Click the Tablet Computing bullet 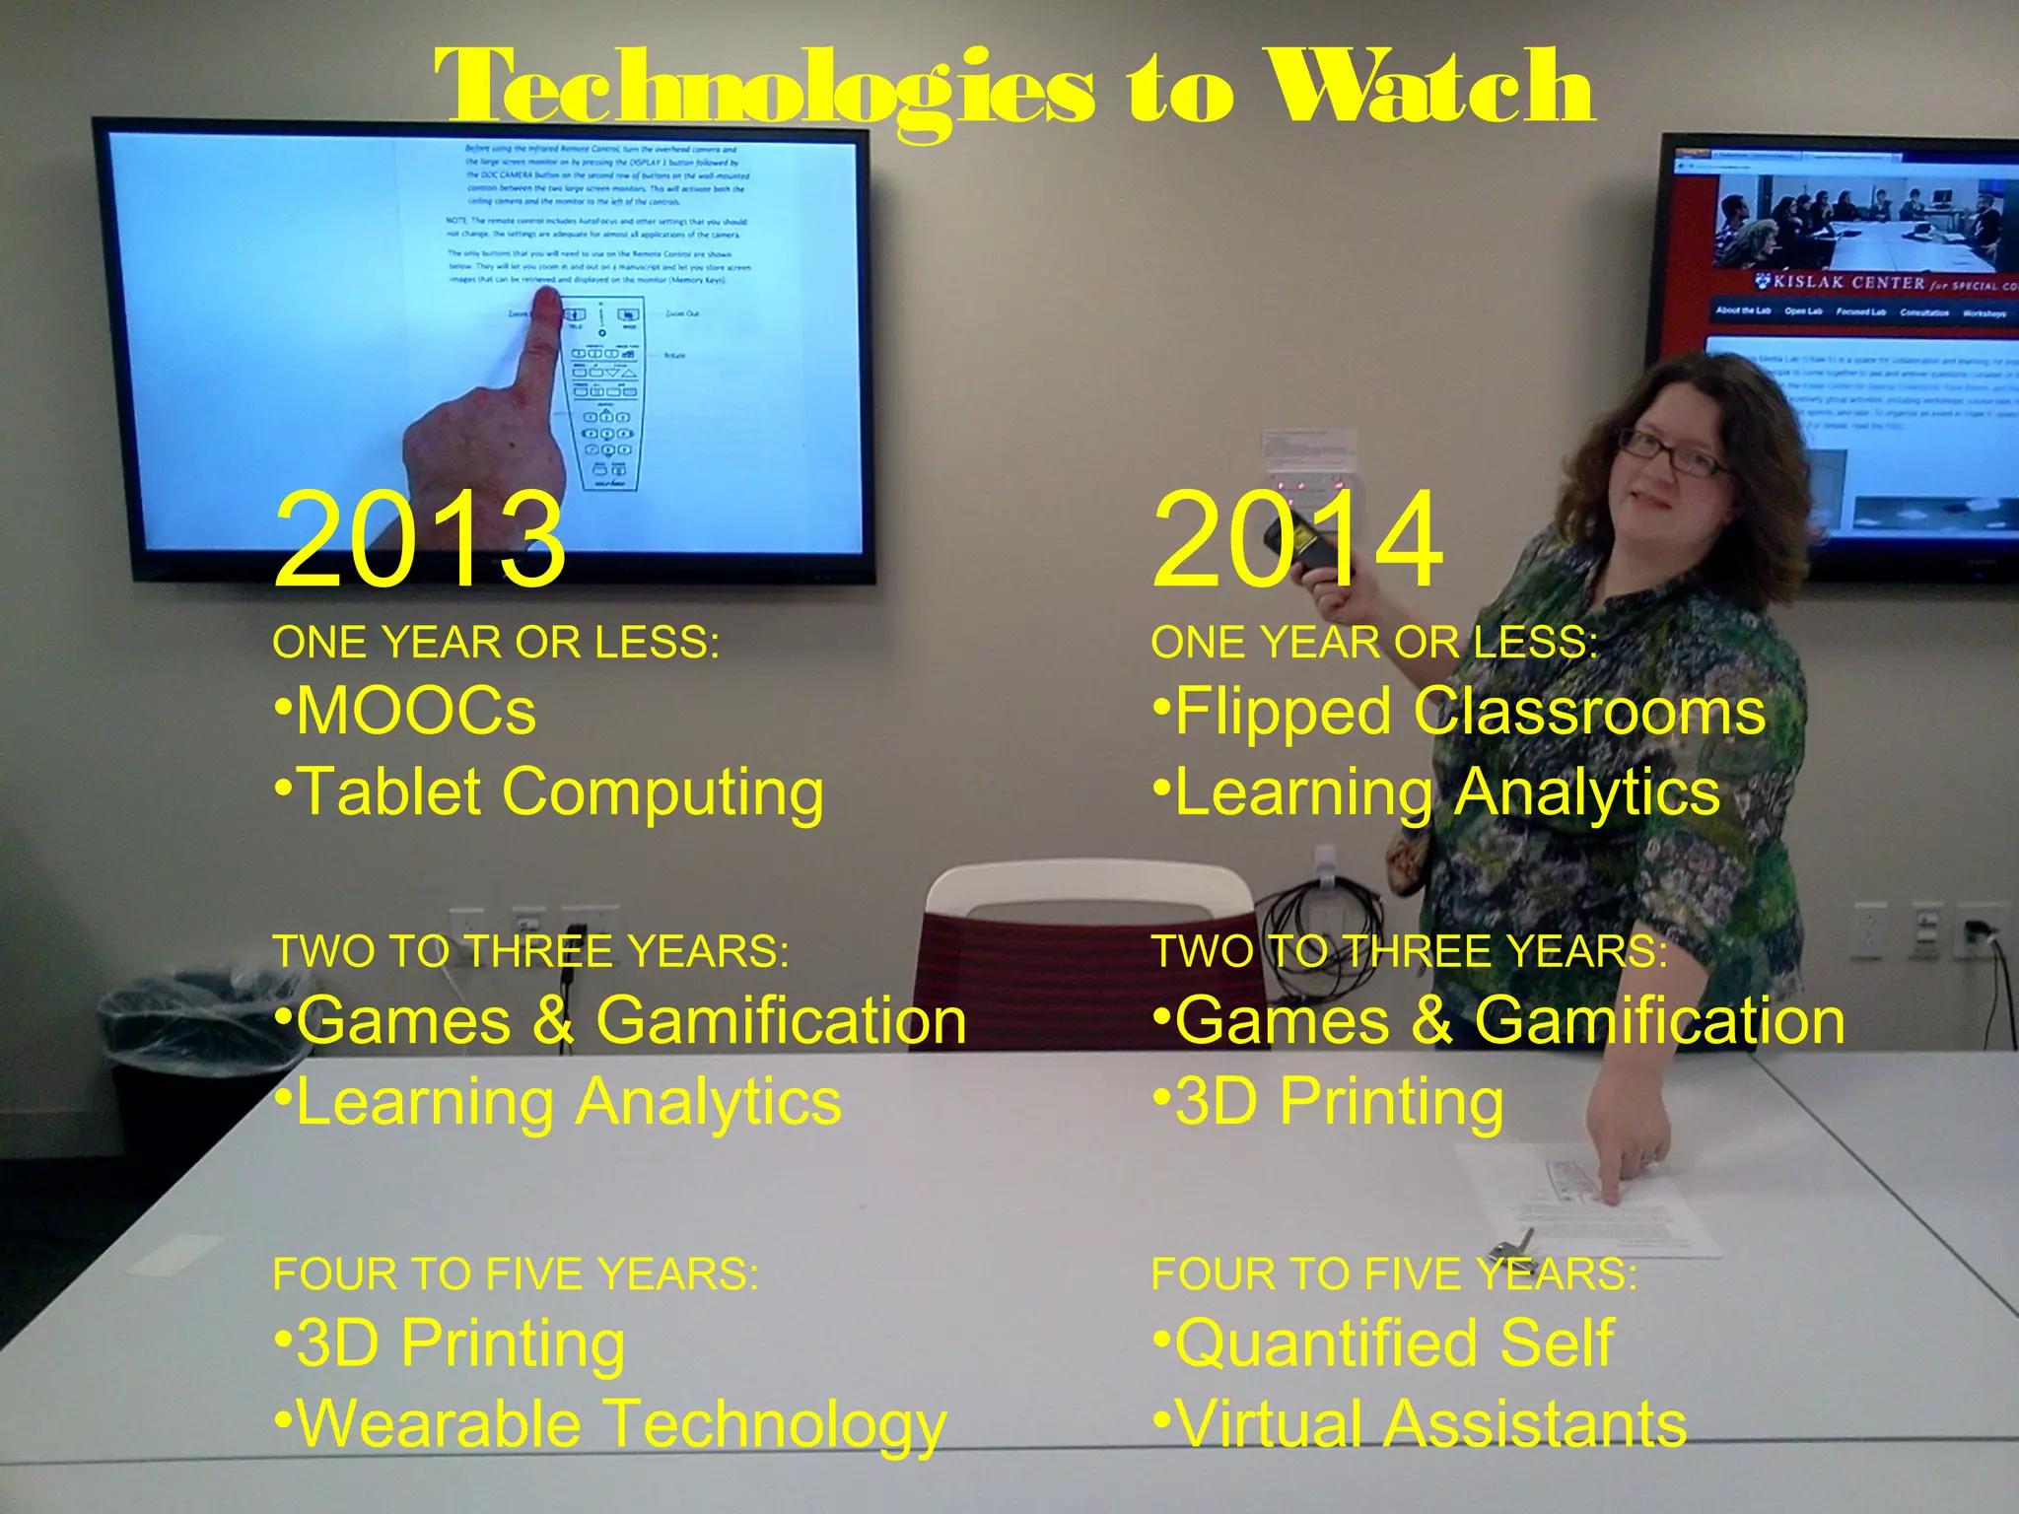point(550,792)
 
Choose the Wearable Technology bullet point(611,1425)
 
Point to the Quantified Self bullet point(1384,1343)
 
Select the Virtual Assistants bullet point(1420,1425)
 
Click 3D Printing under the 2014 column point(1329,1102)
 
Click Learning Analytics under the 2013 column point(558,1102)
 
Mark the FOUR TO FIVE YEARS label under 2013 point(516,1274)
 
